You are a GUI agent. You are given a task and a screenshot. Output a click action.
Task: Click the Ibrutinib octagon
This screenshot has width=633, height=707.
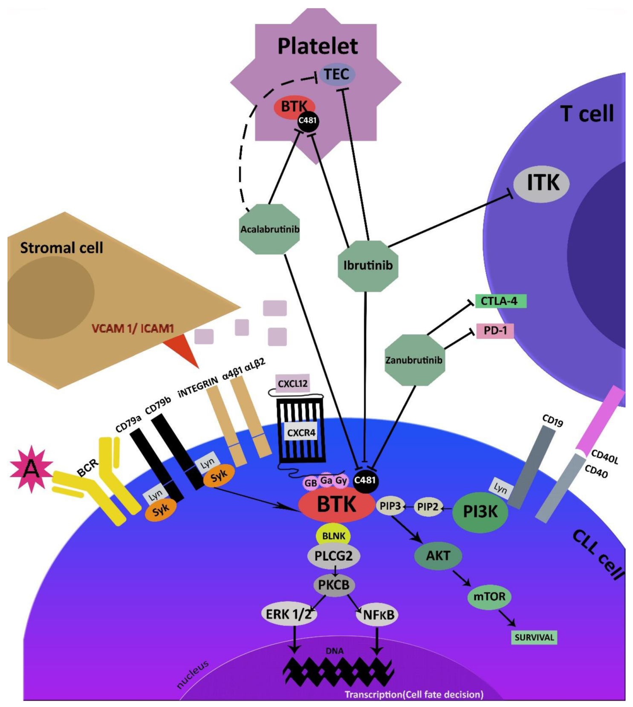click(367, 266)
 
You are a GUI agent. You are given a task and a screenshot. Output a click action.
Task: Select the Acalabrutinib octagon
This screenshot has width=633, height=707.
click(269, 229)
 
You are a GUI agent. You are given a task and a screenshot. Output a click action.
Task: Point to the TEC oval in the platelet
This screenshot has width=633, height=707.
click(337, 75)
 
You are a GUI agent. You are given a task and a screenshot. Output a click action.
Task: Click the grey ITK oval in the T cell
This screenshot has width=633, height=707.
click(542, 183)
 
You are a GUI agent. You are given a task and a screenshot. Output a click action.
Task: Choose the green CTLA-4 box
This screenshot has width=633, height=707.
click(500, 301)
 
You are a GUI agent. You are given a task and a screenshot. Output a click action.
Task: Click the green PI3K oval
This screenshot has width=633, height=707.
click(480, 511)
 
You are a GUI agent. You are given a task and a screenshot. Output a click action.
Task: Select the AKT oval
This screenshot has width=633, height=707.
click(438, 556)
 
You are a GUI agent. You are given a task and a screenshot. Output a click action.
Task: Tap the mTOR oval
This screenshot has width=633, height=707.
click(489, 596)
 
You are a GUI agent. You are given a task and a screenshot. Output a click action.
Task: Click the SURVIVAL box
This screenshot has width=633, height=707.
click(534, 637)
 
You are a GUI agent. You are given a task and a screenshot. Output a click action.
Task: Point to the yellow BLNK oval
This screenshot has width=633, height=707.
click(333, 536)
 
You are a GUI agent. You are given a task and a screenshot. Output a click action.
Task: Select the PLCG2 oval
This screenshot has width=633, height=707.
click(333, 556)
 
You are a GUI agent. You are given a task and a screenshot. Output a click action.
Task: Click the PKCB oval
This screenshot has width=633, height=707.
click(334, 585)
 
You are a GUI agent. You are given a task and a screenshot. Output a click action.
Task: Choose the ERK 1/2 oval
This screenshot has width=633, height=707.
click(289, 614)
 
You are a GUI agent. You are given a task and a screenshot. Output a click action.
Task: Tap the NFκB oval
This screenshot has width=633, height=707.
click(377, 615)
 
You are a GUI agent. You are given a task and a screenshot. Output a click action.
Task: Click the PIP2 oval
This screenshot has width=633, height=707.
click(428, 507)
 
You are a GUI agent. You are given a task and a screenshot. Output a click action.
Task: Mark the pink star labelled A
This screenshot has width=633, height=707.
click(31, 469)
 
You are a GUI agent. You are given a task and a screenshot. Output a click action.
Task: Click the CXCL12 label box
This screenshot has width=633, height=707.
click(292, 383)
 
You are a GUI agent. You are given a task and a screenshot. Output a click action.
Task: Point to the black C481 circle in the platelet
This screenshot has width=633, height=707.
click(308, 121)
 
